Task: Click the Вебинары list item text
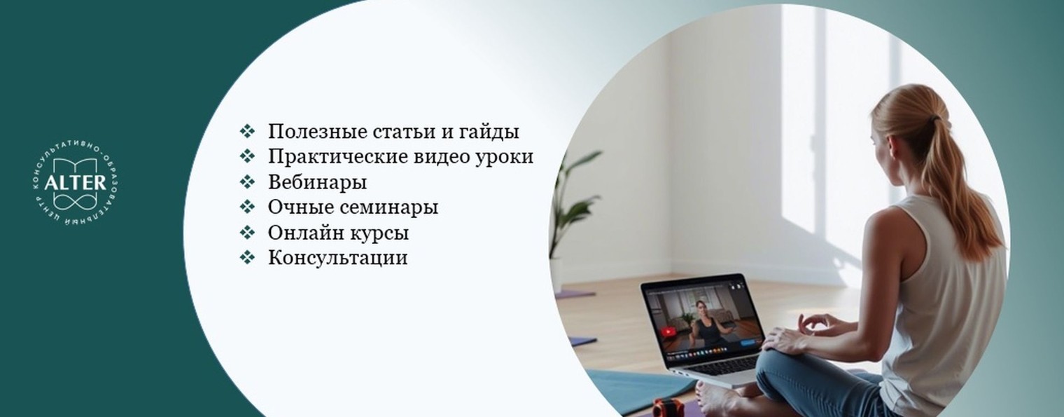317,182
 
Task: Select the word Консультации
337,258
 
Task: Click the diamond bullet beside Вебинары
247,182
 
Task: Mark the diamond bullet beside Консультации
247,258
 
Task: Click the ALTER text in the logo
75,183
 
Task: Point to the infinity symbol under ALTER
75,201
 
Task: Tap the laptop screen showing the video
702,319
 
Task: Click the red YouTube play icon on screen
668,331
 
